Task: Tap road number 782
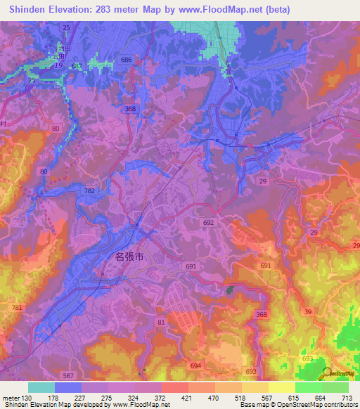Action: click(x=89, y=190)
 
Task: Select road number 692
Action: click(x=207, y=222)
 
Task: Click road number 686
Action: click(x=126, y=60)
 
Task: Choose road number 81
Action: click(x=161, y=323)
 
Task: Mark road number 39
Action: click(x=307, y=311)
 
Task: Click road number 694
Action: click(x=195, y=366)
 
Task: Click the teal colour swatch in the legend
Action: click(x=41, y=387)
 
